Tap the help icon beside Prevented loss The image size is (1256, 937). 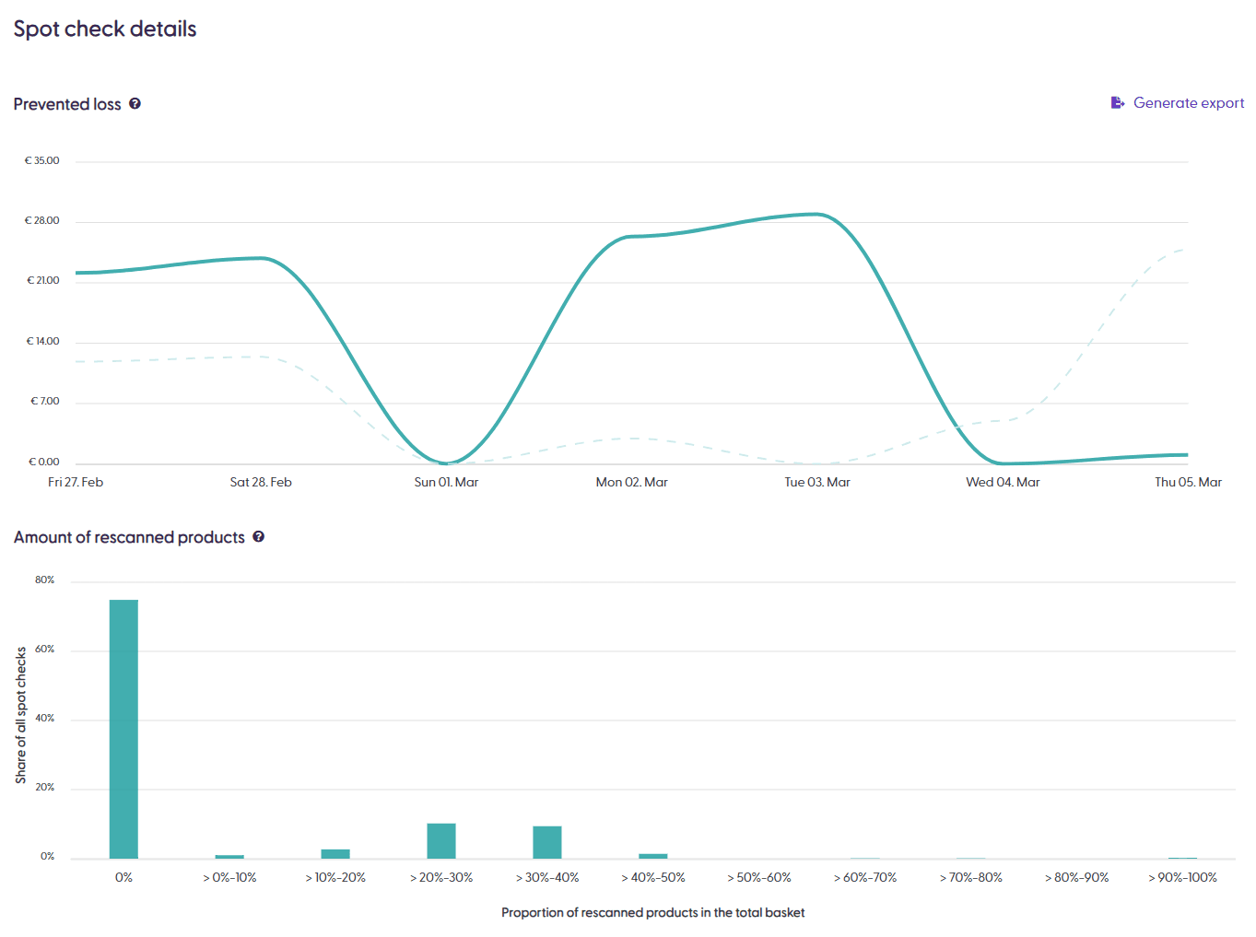(135, 104)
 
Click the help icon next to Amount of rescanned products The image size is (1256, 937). (259, 537)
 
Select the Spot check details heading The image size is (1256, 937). (105, 29)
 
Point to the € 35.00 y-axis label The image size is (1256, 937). (41, 161)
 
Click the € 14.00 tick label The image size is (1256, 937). (42, 342)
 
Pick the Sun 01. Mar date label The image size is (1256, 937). (446, 483)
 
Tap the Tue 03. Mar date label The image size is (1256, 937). (817, 483)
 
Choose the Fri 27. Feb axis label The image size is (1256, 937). (76, 483)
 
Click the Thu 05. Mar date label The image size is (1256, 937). (1188, 483)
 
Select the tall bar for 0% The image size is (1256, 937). (123, 729)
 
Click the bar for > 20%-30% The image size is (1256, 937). (441, 841)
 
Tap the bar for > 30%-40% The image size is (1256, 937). (547, 842)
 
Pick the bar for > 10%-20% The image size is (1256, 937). (335, 853)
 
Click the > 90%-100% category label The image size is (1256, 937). (1182, 878)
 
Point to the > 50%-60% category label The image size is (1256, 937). (759, 878)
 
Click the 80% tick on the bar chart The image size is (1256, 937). (44, 580)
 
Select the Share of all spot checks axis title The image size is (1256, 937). (21, 715)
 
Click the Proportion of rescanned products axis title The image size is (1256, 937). (652, 913)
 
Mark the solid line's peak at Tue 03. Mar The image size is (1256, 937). (816, 215)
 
